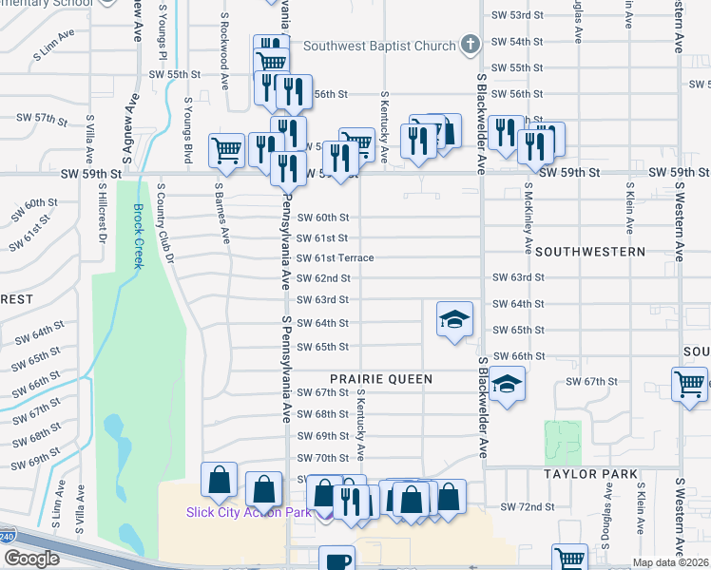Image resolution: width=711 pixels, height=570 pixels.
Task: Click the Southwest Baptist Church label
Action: [x=380, y=46]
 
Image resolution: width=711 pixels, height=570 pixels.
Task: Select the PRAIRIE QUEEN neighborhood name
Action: [x=381, y=379]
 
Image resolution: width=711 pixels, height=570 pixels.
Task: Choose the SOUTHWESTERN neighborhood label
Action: [x=590, y=252]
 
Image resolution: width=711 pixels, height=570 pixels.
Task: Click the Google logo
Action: [x=31, y=559]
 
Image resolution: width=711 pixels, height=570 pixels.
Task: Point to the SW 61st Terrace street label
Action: [x=335, y=258]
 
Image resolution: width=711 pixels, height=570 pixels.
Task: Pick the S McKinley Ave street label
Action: [x=528, y=218]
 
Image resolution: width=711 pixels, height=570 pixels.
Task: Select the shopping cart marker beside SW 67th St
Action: [x=688, y=384]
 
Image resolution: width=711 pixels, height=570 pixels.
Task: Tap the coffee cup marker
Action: [x=336, y=560]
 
